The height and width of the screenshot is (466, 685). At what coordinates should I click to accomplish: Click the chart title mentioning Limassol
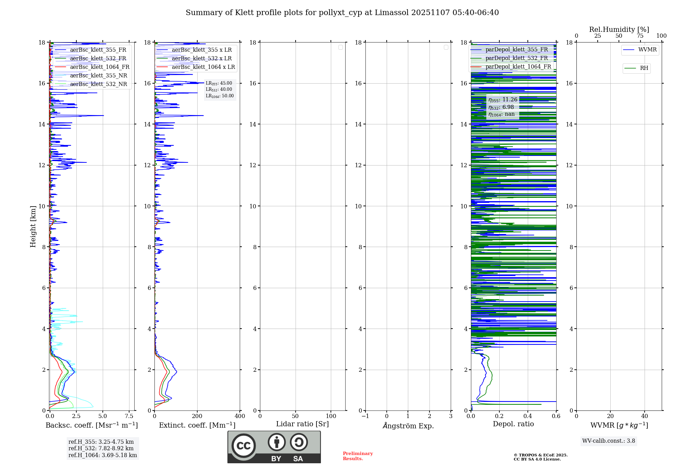pos(342,13)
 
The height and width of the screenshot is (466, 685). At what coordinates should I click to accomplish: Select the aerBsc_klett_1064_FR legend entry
pos(99,67)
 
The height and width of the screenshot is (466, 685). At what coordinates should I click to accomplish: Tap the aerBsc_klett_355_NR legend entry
pos(98,76)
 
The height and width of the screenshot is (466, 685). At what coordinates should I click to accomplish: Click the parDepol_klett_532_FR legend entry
pos(516,58)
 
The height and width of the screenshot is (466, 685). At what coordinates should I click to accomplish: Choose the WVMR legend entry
pos(647,50)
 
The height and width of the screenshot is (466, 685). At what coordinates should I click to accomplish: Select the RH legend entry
pos(644,68)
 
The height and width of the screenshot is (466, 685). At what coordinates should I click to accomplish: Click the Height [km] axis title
pos(33,226)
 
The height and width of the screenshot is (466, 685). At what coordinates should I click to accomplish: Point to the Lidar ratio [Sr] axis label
pos(302,424)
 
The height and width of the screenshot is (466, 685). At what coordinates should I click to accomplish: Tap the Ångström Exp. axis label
pos(408,426)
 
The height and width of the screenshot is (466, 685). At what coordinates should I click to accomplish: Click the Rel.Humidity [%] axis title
pos(619,29)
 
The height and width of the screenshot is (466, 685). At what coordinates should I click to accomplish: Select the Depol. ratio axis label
pos(513,424)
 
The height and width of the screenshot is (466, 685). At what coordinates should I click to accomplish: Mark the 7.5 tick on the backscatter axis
pos(129,416)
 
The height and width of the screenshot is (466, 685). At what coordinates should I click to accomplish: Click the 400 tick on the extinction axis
pos(240,416)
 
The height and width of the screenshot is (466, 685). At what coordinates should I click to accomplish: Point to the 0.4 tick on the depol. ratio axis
pos(528,416)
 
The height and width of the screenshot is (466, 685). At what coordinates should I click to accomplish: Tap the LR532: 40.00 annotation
pos(219,89)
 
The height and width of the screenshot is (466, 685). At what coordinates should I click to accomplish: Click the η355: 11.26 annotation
pos(503,100)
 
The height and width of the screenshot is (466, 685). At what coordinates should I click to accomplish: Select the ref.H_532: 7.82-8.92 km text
pos(101,449)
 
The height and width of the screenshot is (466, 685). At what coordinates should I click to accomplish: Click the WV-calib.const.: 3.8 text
pos(609,441)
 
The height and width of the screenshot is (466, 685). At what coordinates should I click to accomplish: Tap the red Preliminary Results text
pos(358,456)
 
